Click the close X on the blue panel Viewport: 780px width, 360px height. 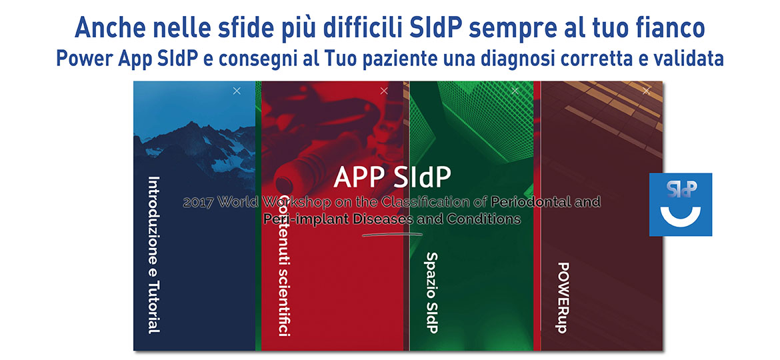coord(237,91)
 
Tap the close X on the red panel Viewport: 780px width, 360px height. coord(383,91)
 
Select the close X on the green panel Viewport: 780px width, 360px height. coord(514,91)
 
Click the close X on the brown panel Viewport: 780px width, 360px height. coord(645,91)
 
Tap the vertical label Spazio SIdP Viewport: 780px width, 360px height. coord(431,292)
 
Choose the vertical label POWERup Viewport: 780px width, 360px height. coord(562,297)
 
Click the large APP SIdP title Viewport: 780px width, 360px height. coord(392,177)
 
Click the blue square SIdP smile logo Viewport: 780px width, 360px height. coord(680,204)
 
